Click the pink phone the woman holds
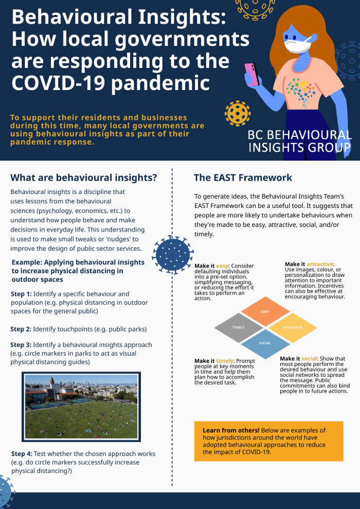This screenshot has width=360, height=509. pyautogui.click(x=252, y=74)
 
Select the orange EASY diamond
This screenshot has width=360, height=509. pyautogui.click(x=265, y=311)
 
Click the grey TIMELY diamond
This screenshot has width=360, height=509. pyautogui.click(x=239, y=328)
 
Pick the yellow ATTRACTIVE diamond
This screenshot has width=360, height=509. pyautogui.click(x=292, y=328)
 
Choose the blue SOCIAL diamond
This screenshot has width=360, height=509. pyautogui.click(x=265, y=343)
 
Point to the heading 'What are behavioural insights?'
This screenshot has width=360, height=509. pyautogui.click(x=84, y=178)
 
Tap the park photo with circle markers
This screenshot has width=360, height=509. pyautogui.click(x=81, y=407)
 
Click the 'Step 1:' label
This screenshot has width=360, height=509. pyautogui.click(x=21, y=294)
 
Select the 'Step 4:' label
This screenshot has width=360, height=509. pyautogui.click(x=22, y=454)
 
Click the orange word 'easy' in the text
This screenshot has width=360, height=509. pyautogui.click(x=222, y=266)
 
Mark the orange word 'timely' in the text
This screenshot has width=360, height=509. pyautogui.click(x=225, y=361)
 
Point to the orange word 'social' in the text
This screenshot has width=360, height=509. pyautogui.click(x=310, y=358)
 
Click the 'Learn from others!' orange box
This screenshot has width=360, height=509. pyautogui.click(x=268, y=441)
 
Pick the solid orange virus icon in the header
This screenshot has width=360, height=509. pyautogui.click(x=237, y=113)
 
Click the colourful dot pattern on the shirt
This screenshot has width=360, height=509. pyautogui.click(x=301, y=91)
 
